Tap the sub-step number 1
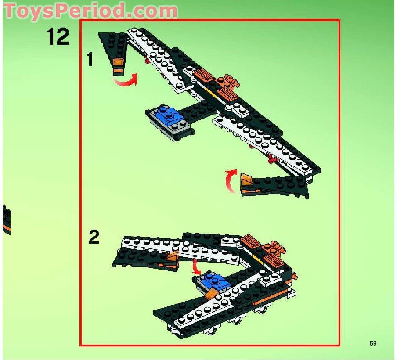tap(90, 59)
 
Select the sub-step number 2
tap(94, 238)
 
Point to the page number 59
tap(373, 343)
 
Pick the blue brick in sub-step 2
tap(215, 281)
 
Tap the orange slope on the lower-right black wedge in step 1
tap(246, 181)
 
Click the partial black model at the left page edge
tap(6, 220)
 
